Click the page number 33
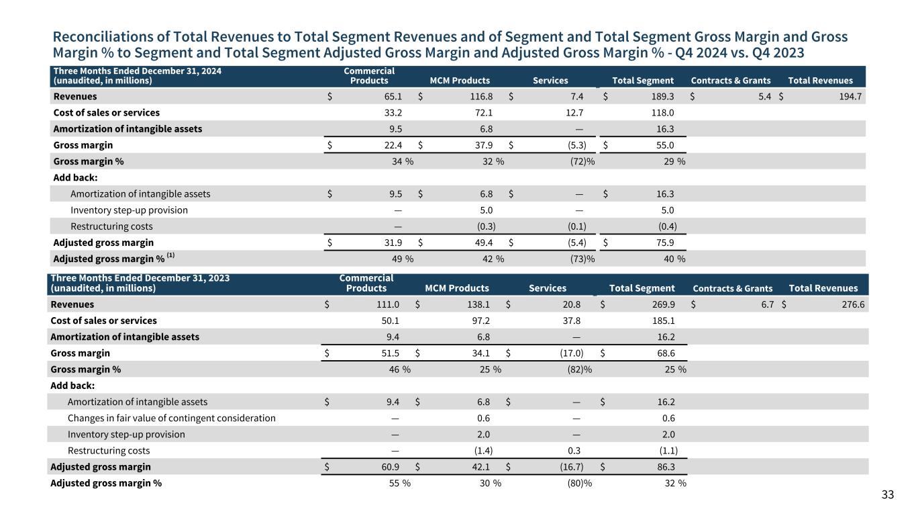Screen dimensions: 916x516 pyautogui.click(x=887, y=494)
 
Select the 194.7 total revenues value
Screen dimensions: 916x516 pyautogui.click(x=850, y=97)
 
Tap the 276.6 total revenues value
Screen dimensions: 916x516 pyautogui.click(x=853, y=304)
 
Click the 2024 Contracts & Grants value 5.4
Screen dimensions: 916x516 pyautogui.click(x=765, y=97)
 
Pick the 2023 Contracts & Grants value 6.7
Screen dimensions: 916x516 pyautogui.click(x=768, y=304)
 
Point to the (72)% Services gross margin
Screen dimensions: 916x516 pyautogui.click(x=582, y=162)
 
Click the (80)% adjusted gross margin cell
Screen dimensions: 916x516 pyautogui.click(x=579, y=483)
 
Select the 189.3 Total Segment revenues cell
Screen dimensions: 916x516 pyautogui.click(x=662, y=97)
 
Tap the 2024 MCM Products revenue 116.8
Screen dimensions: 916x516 pyautogui.click(x=481, y=97)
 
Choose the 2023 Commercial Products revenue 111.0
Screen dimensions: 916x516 pyautogui.click(x=388, y=304)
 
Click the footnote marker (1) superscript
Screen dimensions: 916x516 pyautogui.click(x=170, y=255)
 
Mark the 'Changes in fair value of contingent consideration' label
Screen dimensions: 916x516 pyautogui.click(x=171, y=418)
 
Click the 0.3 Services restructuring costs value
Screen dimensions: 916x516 pyautogui.click(x=574, y=451)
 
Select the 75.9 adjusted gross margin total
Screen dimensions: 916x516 pyautogui.click(x=665, y=243)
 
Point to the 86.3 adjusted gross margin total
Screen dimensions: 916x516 pyautogui.click(x=666, y=467)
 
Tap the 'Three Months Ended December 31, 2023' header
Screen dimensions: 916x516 pyautogui.click(x=140, y=278)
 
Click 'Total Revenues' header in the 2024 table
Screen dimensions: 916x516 pyautogui.click(x=820, y=81)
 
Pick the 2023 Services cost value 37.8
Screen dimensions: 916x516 pyautogui.click(x=571, y=320)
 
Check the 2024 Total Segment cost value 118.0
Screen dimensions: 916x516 pyautogui.click(x=662, y=113)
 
